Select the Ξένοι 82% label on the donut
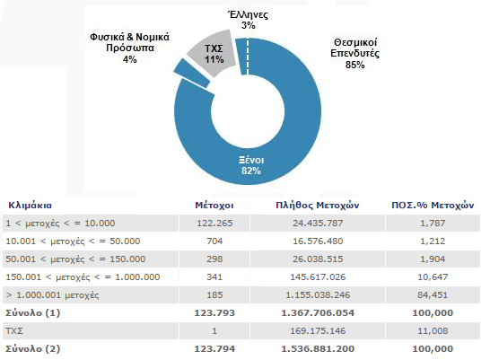[x=251, y=165]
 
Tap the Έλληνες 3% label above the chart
[x=249, y=20]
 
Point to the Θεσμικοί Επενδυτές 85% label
[x=355, y=53]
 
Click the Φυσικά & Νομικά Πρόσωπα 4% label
[x=130, y=48]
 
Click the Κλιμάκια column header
[x=30, y=206]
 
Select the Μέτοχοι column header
[x=214, y=206]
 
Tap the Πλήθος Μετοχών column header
[x=318, y=206]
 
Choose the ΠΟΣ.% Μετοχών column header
[x=433, y=206]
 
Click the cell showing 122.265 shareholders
[x=214, y=224]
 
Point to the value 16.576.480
[x=318, y=241]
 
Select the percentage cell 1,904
[x=433, y=259]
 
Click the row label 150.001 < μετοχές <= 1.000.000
[x=83, y=277]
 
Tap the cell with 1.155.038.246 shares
[x=318, y=295]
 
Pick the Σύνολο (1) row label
[x=33, y=312]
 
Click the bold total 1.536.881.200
[x=318, y=348]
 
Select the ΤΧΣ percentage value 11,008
[x=433, y=331]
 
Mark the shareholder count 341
[x=214, y=277]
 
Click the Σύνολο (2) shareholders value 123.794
[x=214, y=348]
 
